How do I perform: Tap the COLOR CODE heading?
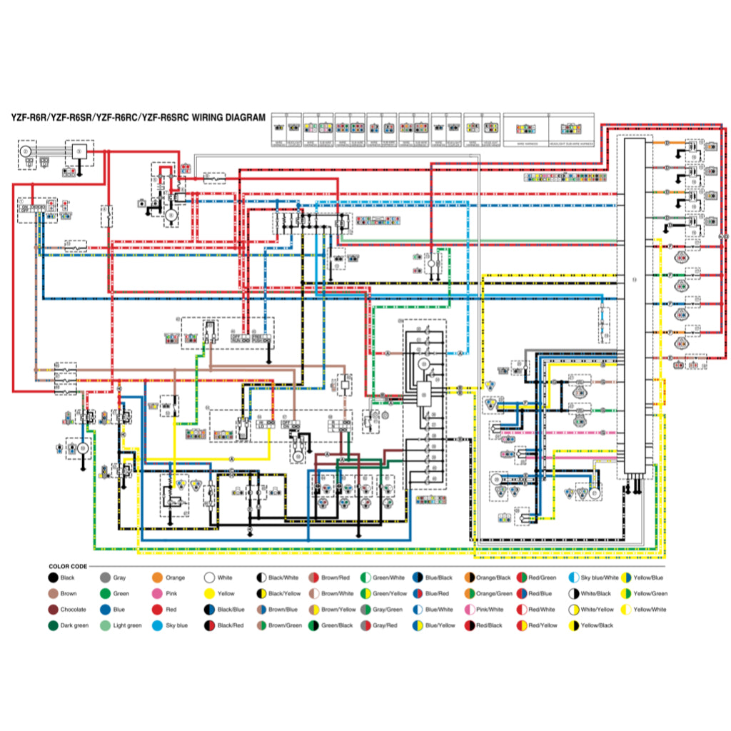pos(68,566)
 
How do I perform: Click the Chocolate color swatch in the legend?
pos(53,610)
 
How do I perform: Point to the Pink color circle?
pos(157,594)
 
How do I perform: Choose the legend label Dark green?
pos(76,625)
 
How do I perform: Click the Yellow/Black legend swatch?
pos(573,625)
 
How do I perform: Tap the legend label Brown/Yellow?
pos(338,610)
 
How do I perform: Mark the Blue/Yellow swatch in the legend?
pos(418,625)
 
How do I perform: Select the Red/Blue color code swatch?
pos(521,594)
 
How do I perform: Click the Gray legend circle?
pos(105,578)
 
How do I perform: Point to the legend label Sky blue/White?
pos(600,578)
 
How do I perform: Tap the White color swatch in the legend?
pos(209,578)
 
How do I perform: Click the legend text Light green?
pos(127,625)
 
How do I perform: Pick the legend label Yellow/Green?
pos(650,594)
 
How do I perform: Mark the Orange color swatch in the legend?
pos(157,578)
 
